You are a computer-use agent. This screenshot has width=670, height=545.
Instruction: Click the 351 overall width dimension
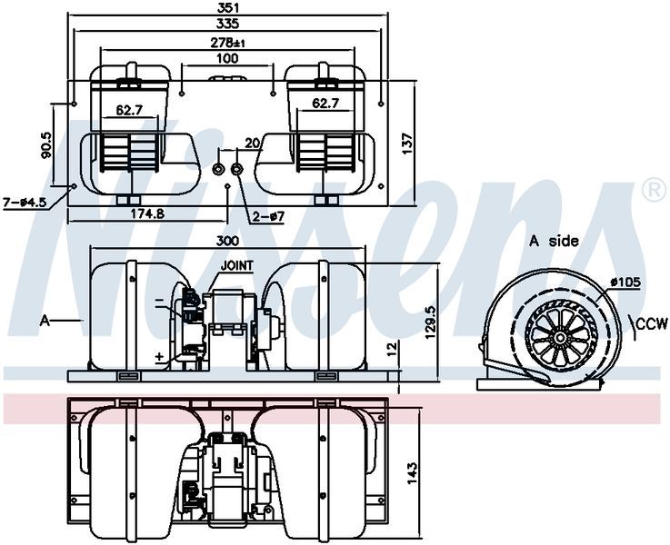coord(227,8)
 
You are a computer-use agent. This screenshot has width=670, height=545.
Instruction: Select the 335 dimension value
coord(227,25)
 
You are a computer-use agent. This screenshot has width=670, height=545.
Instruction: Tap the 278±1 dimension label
coord(227,42)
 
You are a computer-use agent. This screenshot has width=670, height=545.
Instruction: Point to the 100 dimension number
coord(227,58)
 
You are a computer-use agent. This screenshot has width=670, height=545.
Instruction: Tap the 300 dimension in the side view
coord(228,242)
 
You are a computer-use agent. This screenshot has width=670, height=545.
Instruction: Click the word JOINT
coord(236,265)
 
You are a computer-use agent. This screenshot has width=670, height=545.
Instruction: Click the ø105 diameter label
coord(626,282)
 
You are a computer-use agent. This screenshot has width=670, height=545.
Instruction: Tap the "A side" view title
coord(554,241)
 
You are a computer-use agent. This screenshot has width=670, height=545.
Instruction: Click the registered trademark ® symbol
coord(652,190)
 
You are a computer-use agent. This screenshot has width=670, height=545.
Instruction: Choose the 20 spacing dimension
coord(252,143)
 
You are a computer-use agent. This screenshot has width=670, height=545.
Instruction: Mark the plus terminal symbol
coord(159,357)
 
